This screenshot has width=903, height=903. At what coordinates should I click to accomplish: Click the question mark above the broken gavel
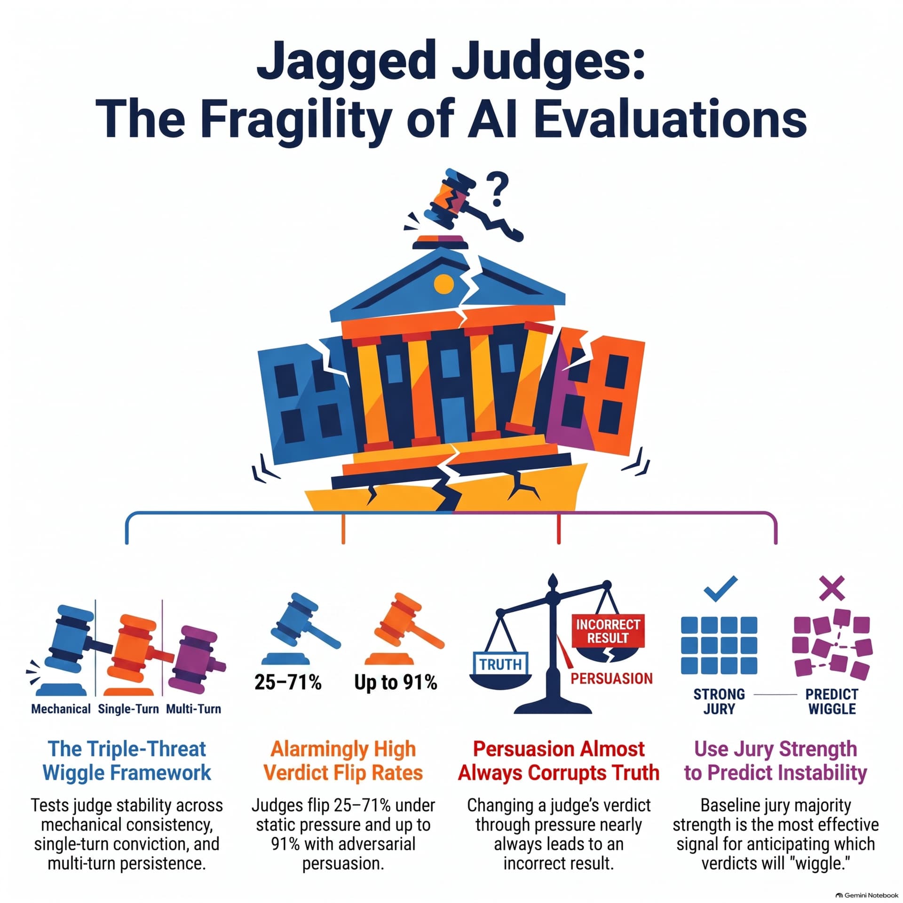(x=497, y=189)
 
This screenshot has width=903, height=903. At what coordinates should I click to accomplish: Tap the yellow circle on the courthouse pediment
(x=444, y=285)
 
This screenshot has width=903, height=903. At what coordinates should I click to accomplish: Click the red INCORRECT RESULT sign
(x=608, y=631)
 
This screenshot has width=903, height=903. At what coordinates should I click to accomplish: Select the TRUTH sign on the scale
(x=500, y=664)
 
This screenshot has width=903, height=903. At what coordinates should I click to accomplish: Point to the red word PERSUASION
(x=611, y=678)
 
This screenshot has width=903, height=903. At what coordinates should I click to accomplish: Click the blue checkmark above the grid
(x=720, y=588)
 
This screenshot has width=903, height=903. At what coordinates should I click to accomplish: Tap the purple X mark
(x=832, y=588)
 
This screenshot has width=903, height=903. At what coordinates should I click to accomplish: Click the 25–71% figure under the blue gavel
(x=288, y=681)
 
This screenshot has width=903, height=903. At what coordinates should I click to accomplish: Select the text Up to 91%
(x=396, y=682)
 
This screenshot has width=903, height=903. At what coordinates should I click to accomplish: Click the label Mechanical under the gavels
(x=61, y=709)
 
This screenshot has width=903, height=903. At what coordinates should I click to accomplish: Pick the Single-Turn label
(x=128, y=709)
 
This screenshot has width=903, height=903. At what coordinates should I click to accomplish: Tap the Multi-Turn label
(x=193, y=709)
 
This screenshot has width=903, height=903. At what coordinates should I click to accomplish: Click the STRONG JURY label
(x=719, y=701)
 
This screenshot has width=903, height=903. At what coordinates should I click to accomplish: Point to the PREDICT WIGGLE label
(x=832, y=701)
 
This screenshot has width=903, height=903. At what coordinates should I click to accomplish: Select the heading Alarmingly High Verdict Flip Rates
(x=343, y=760)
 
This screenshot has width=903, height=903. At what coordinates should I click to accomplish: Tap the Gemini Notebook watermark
(x=867, y=895)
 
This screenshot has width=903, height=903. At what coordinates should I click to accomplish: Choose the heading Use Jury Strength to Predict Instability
(x=776, y=760)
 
